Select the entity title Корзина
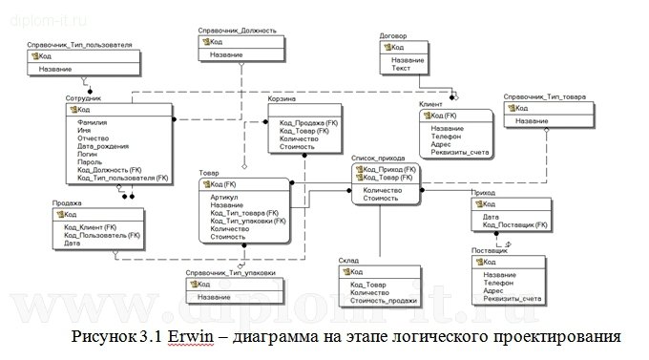282,99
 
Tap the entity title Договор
393,36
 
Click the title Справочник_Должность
237,31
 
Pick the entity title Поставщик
489,251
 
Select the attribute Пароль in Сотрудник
90,162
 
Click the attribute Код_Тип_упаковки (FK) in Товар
247,222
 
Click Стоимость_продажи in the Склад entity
385,301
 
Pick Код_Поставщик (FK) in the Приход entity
514,224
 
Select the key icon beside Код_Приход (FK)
358,169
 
